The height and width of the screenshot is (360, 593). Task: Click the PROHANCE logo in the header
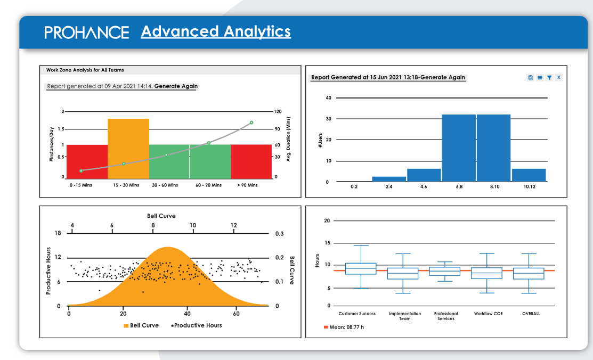(86, 32)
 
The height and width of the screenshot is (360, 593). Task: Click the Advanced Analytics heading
(216, 31)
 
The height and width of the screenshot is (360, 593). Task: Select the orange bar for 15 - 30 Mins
(128, 149)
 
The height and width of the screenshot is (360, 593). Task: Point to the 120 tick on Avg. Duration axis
(278, 112)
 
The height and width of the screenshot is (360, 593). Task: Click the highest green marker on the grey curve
(251, 122)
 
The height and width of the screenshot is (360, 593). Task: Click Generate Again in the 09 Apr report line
(176, 86)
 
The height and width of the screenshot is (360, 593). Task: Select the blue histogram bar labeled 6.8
(459, 148)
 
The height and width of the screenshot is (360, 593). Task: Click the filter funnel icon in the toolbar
(549, 78)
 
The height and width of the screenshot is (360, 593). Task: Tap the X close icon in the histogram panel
(558, 78)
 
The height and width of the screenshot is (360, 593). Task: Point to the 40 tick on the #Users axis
(328, 98)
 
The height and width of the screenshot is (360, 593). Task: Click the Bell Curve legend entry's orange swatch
(126, 325)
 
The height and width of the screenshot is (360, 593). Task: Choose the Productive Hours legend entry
(197, 325)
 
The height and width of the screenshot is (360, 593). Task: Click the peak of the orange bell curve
(168, 248)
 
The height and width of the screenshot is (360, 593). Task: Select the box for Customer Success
(361, 268)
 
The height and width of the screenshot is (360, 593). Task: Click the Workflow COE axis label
(488, 314)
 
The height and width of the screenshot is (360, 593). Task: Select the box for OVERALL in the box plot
(529, 273)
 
